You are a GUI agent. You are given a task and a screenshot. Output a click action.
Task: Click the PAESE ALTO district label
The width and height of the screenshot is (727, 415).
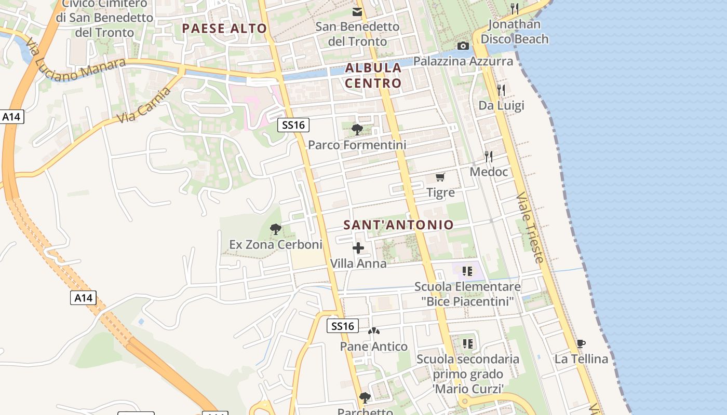[x=224, y=29]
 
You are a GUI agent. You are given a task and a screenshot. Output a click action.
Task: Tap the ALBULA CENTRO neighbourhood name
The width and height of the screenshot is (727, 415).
[x=373, y=75]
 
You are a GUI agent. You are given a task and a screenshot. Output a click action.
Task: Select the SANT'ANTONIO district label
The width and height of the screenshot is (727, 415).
[x=399, y=225]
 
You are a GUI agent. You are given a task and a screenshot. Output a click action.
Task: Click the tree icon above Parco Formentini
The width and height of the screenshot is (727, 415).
[x=357, y=129]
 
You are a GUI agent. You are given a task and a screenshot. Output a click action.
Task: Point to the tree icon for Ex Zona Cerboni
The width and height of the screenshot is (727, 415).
[x=276, y=229]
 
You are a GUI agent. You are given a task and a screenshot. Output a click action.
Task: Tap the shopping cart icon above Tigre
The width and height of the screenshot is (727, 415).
[x=440, y=177]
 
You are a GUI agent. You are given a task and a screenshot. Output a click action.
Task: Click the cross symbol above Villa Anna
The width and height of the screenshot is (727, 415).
[x=358, y=248]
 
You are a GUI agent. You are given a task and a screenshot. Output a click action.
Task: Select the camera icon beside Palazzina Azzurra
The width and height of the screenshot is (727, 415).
[x=463, y=46]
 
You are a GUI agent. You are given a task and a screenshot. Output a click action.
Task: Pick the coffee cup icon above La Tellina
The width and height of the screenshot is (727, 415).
[x=581, y=343]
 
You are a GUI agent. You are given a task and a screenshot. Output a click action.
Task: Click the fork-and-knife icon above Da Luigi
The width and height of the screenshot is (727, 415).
[x=501, y=90]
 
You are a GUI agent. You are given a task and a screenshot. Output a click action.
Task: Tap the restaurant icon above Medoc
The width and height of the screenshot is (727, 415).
[x=488, y=156]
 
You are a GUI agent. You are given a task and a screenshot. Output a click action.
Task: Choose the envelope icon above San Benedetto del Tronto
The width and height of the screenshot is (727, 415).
[x=357, y=11]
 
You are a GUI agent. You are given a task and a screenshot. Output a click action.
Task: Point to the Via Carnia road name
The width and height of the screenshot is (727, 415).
[x=144, y=105]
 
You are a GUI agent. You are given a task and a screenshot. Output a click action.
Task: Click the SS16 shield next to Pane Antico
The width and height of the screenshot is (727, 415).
[x=343, y=326]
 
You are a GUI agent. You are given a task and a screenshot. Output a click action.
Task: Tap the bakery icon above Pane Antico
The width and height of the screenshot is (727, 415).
[x=374, y=331]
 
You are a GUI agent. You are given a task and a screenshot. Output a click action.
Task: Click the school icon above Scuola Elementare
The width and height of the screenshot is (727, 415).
[x=467, y=271]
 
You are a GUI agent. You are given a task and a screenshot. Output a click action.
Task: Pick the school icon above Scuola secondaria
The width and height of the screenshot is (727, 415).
[x=467, y=343]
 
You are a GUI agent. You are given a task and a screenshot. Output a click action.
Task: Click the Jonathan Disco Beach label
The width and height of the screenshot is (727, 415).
[x=514, y=32]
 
